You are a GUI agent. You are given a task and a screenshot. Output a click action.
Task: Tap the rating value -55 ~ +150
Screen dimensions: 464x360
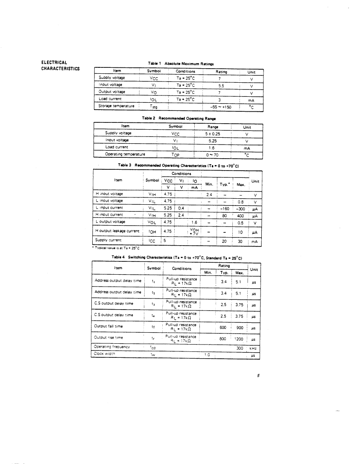point(219,107)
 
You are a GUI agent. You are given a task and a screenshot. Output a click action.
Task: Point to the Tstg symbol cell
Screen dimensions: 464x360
point(154,107)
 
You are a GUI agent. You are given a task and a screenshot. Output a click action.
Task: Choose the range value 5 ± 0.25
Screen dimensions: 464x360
point(213,133)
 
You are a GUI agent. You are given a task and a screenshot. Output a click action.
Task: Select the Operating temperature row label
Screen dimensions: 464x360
point(125,154)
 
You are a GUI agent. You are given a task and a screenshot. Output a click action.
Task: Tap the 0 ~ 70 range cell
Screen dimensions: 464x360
point(212,154)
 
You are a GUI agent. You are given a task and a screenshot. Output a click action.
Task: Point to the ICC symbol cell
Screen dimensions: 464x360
point(152,241)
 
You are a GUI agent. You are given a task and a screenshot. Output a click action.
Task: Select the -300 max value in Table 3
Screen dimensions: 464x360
point(241,209)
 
